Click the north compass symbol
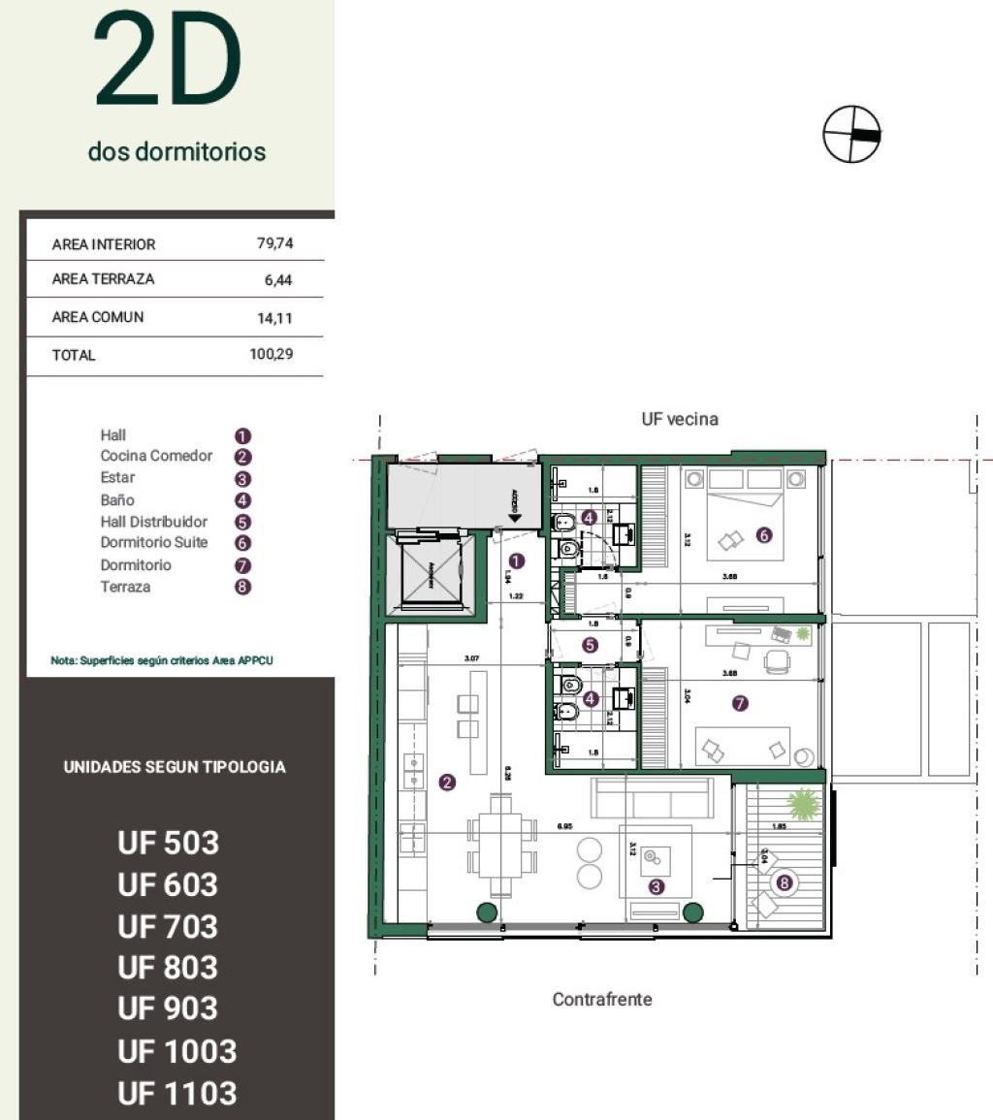pyautogui.click(x=851, y=134)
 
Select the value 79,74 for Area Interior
pyautogui.click(x=274, y=244)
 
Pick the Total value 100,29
pyautogui.click(x=271, y=355)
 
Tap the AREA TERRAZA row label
pyautogui.click(x=103, y=279)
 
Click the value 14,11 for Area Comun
pyautogui.click(x=274, y=318)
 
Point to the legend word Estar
pyautogui.click(x=117, y=477)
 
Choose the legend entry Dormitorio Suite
pyautogui.click(x=153, y=542)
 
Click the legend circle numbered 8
pyautogui.click(x=243, y=588)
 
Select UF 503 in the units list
pyautogui.click(x=169, y=844)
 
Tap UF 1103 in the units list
pyautogui.click(x=176, y=1093)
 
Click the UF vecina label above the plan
pyautogui.click(x=679, y=419)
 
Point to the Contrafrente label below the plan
pyautogui.click(x=602, y=999)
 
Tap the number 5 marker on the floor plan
pyautogui.click(x=591, y=644)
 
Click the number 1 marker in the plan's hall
pyautogui.click(x=516, y=560)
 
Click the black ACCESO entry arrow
pyautogui.click(x=515, y=518)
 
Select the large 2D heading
pyautogui.click(x=167, y=61)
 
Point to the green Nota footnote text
pyautogui.click(x=162, y=660)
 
